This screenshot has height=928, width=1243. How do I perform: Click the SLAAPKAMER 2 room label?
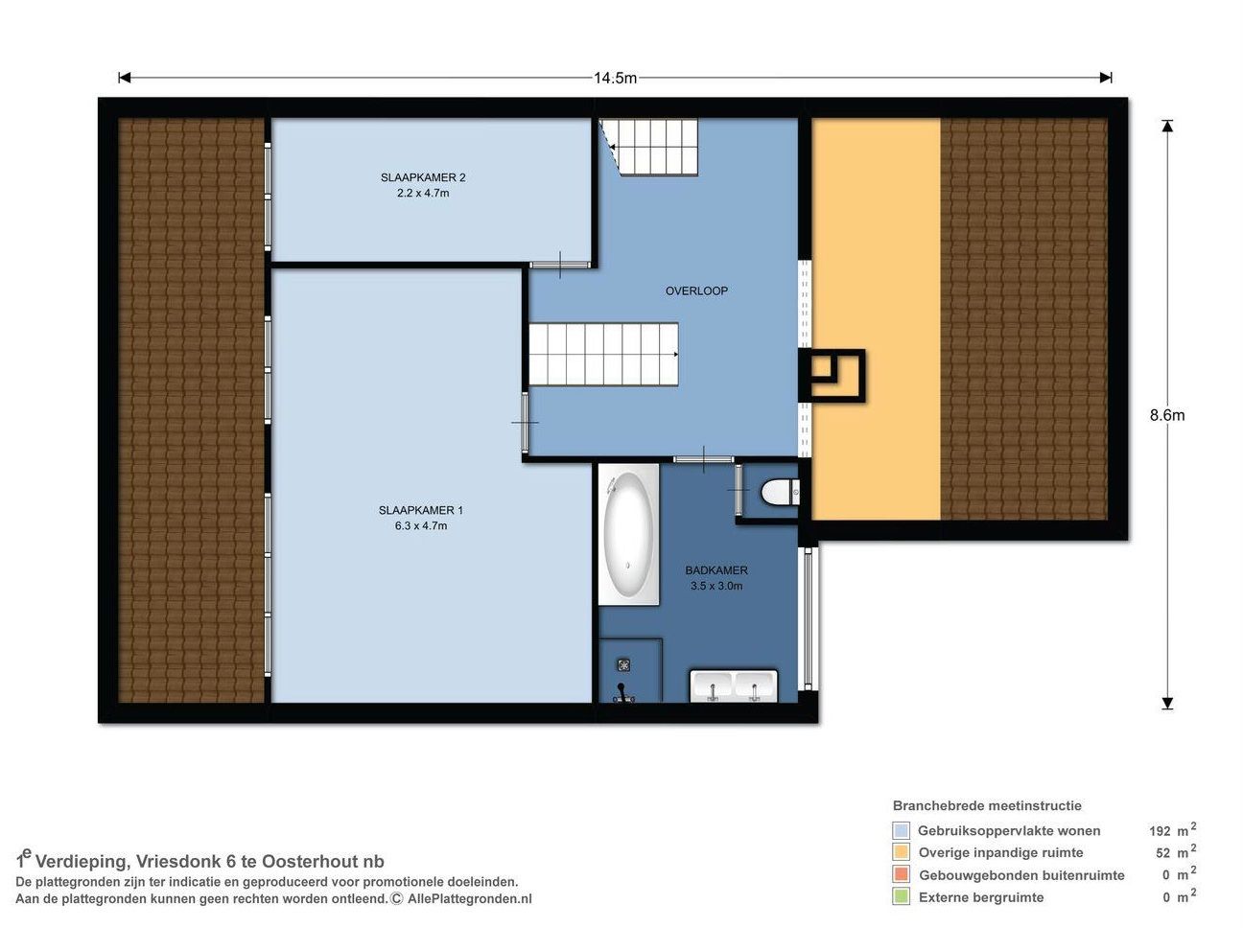click(422, 177)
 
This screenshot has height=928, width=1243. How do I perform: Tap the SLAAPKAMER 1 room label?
click(420, 510)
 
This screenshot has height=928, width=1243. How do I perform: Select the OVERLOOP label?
click(696, 290)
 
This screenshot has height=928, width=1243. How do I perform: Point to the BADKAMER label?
click(715, 570)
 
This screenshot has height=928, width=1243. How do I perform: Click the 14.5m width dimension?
click(615, 78)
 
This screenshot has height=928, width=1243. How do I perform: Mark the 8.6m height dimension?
click(1166, 415)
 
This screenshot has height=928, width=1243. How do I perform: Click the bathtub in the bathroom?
click(628, 534)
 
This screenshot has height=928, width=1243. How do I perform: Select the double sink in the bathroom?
click(734, 686)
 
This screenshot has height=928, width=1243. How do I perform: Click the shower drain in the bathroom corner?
click(623, 665)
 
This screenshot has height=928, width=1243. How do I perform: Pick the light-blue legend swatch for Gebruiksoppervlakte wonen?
click(901, 830)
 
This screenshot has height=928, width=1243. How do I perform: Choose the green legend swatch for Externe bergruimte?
click(901, 896)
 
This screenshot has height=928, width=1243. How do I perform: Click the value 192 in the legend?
click(1160, 831)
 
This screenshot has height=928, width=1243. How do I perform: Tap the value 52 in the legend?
click(1162, 853)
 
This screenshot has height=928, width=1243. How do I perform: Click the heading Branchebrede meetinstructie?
click(987, 806)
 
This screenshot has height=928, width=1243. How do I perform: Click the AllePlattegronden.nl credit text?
click(469, 898)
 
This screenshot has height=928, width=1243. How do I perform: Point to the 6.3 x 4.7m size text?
click(421, 525)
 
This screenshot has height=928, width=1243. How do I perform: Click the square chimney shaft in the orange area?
click(832, 376)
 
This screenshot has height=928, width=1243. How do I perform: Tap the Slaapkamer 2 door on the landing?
click(560, 265)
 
